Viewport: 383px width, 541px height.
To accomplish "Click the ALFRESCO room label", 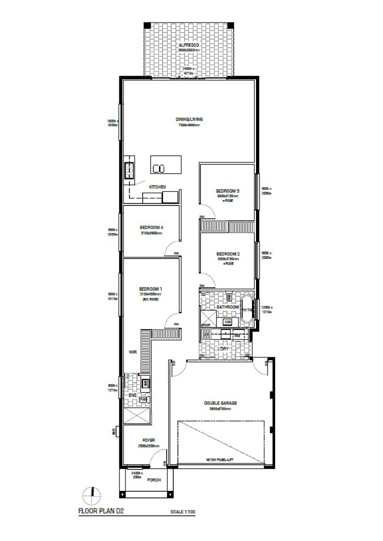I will (189, 45).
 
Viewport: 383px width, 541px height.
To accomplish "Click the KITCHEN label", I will (157, 187).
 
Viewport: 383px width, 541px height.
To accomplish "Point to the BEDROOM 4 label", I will (152, 227).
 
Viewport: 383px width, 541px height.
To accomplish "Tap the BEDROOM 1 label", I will (151, 289).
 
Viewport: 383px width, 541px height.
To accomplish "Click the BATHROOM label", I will (227, 307).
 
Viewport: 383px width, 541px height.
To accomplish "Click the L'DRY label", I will (223, 348).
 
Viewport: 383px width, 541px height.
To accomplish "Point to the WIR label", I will (133, 352).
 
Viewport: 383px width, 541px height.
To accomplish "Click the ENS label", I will (133, 395).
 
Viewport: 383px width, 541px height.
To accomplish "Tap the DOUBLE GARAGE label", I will (220, 403).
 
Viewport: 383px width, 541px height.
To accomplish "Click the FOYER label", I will (149, 440).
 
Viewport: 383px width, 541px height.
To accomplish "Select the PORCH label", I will (154, 480).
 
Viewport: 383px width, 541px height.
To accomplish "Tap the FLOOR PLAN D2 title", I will (101, 512).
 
